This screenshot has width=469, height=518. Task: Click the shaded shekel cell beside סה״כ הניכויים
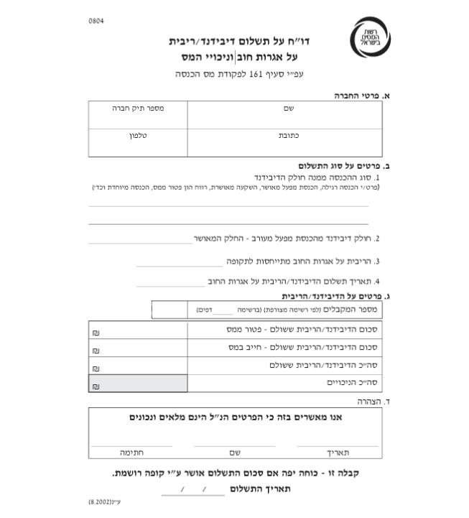138,384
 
